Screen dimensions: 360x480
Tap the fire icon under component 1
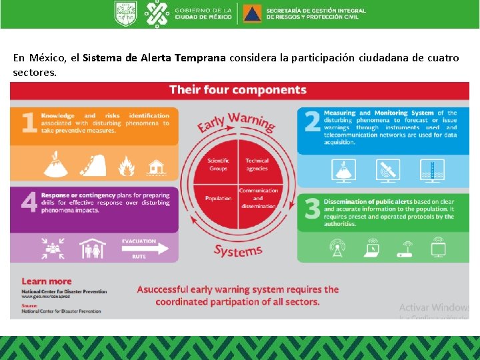click(x=126, y=165)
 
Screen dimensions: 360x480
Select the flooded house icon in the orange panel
click(x=156, y=165)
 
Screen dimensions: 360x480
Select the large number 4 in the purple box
click(x=28, y=203)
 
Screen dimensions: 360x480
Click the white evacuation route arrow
click(x=145, y=249)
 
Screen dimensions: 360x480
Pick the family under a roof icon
click(x=93, y=248)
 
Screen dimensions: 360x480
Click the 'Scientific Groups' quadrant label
click(x=218, y=164)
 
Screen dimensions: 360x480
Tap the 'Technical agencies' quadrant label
click(x=257, y=164)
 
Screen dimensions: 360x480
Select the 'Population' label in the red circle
click(x=218, y=198)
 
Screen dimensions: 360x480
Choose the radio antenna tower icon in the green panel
click(x=336, y=248)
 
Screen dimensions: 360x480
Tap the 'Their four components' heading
click(x=237, y=90)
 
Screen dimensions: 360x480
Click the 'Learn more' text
click(x=46, y=281)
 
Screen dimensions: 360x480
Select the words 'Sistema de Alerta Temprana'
click(x=155, y=58)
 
